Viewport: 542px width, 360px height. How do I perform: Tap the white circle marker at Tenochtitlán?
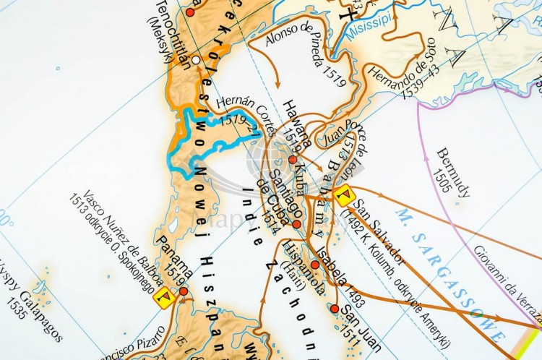(197, 60)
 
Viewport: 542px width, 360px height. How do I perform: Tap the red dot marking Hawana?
(293, 159)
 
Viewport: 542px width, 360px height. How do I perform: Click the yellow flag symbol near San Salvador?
(343, 194)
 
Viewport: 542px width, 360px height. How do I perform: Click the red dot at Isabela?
(315, 265)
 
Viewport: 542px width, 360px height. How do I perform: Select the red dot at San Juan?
(335, 309)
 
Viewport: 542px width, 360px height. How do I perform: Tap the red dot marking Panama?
(184, 291)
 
